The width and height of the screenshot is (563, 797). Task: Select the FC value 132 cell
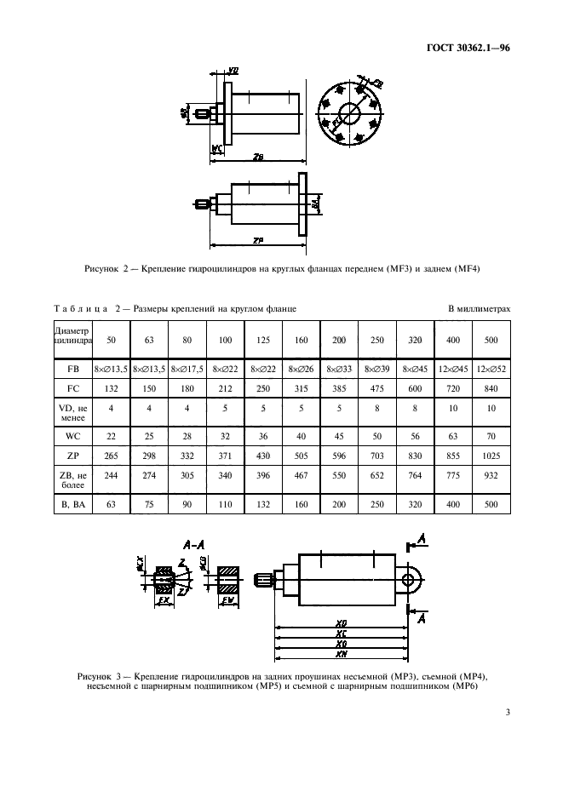[110, 387]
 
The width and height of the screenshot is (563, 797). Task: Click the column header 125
[264, 340]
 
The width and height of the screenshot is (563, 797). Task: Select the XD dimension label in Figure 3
[341, 622]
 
